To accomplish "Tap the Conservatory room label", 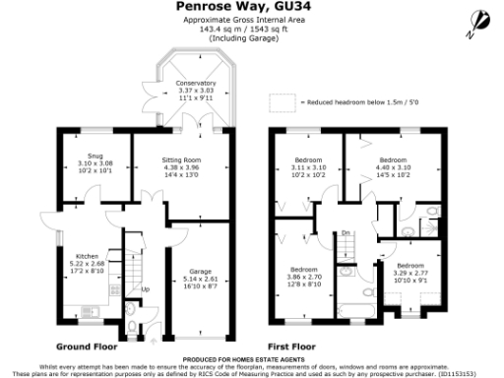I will [x=195, y=91].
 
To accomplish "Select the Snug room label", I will [x=94, y=162].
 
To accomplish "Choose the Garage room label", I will [x=201, y=277].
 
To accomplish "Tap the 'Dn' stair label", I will [x=346, y=232].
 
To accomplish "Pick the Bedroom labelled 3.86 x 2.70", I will [x=303, y=276].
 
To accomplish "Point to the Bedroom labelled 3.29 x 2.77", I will [x=410, y=272].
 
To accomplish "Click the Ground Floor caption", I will [x=87, y=346].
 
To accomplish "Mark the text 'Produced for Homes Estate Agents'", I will [x=251, y=361].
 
